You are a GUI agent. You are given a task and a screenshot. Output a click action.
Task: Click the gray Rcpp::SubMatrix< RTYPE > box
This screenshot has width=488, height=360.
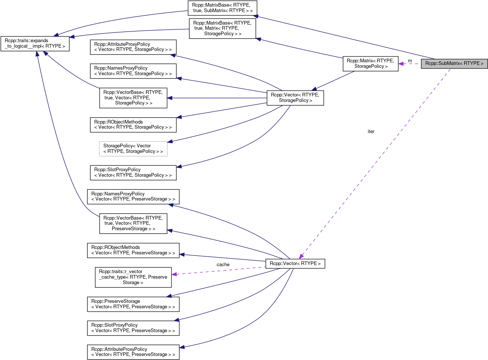coord(454,64)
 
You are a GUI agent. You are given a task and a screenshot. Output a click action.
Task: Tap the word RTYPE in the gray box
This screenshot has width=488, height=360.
coord(472,64)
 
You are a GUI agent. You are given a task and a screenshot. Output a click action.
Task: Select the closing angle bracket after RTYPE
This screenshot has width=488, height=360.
coord(482,64)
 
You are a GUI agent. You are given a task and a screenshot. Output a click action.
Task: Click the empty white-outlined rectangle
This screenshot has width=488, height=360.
coord(133,149)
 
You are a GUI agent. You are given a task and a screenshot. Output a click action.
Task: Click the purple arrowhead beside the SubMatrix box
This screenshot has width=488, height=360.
coord(401,64)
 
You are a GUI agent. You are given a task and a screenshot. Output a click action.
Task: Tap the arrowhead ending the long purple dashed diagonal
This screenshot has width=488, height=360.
coord(301,257)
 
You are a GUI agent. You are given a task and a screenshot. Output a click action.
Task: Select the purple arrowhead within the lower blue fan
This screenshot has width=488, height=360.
coord(174,274)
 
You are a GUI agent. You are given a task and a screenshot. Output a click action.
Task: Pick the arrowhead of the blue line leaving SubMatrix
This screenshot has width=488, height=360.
coord(256,16)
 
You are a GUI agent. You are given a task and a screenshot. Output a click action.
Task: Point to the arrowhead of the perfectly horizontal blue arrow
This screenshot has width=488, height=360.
coord(169,98)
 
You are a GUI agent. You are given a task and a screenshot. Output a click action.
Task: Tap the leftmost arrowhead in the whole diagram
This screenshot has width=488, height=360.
coord(37,54)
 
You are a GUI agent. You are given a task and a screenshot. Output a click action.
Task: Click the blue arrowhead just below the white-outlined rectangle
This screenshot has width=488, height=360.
coord(179,167)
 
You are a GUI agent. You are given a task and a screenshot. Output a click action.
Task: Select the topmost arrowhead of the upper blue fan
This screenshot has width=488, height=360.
coord(173,55)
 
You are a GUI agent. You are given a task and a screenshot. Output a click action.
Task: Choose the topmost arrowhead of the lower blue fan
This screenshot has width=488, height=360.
coord(170,205)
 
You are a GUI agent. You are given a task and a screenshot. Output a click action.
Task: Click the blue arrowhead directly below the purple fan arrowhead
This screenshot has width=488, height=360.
coord(169,296)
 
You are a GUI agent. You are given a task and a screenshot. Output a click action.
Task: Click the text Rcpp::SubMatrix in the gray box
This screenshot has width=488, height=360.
coord(442,64)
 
